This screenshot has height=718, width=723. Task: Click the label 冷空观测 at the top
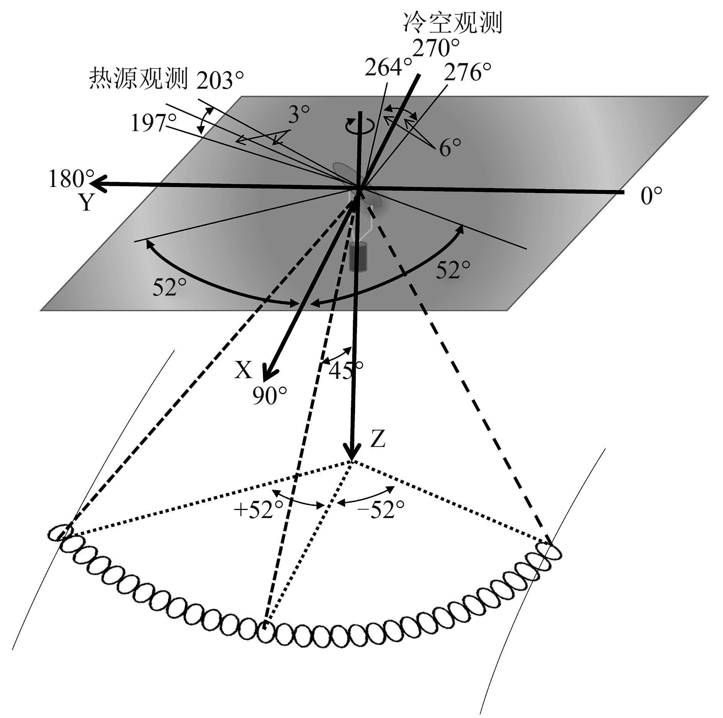452,24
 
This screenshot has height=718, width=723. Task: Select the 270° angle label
436,49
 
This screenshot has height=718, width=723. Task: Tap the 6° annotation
450,148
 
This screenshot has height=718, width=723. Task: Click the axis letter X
243,370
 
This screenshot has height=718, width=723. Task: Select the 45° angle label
345,370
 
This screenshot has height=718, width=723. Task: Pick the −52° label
381,510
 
